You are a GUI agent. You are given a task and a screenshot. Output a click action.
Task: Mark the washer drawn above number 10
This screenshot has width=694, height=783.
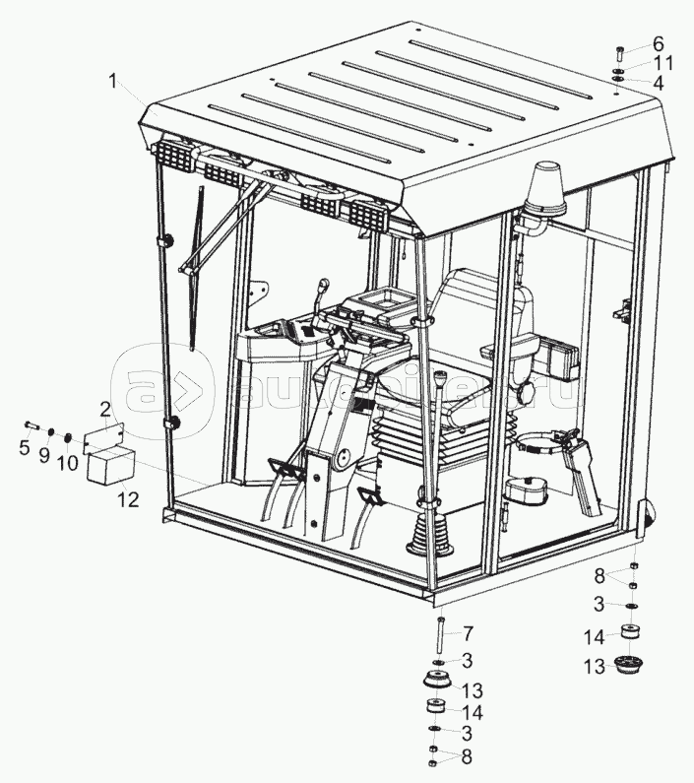67,437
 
